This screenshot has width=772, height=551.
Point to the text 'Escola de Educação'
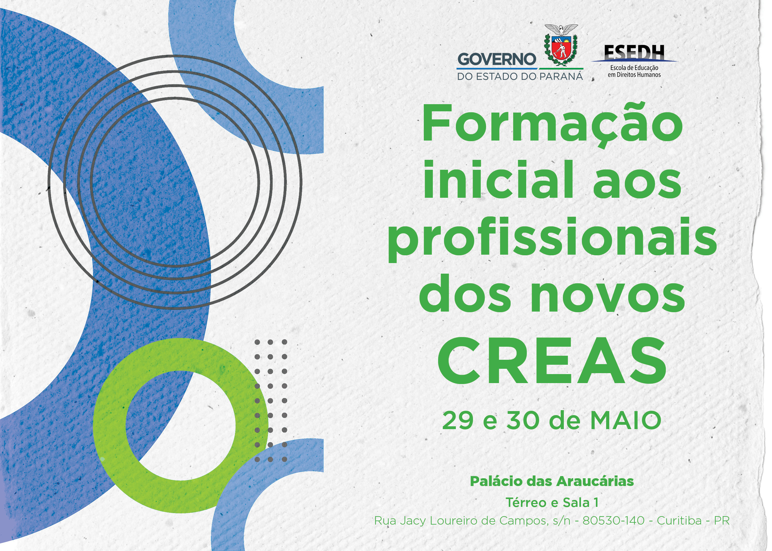click(x=634, y=67)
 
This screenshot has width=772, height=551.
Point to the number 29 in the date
click(x=458, y=421)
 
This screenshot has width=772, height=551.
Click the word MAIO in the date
click(x=626, y=421)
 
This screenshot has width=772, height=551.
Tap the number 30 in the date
click(x=523, y=421)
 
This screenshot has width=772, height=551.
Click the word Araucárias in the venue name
click(x=596, y=481)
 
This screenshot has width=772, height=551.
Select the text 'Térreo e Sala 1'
click(x=552, y=502)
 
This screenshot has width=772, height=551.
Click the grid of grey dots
click(x=271, y=401)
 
